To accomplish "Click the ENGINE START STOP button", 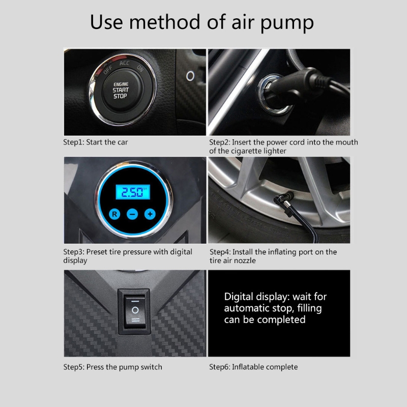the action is point(121,90).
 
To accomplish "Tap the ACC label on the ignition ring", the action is point(124,63).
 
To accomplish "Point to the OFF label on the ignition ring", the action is point(108,70).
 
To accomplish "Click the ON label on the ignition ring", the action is point(140,68).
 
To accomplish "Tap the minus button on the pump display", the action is point(132,214).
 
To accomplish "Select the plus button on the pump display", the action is point(150,214).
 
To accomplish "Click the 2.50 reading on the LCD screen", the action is point(132,192).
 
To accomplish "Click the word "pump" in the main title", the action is point(287,23).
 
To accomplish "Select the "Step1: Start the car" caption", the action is point(96,142).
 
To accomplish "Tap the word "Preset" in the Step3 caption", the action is point(97,252).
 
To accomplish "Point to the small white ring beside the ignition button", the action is point(190,76).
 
